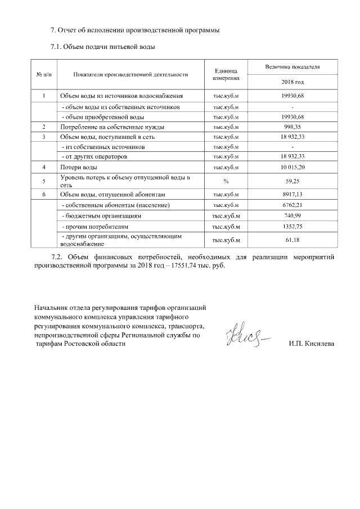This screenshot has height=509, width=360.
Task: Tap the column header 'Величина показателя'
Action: pyautogui.click(x=292, y=67)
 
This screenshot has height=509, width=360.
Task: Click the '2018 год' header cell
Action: pyautogui.click(x=292, y=82)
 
